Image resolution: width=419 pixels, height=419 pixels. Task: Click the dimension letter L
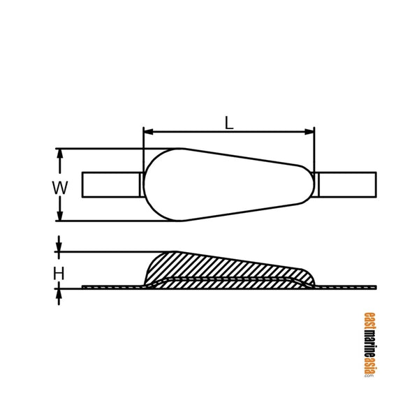[x=229, y=122]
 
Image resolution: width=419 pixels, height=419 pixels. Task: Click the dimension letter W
[x=60, y=187]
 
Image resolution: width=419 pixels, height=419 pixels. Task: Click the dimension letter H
[x=59, y=274]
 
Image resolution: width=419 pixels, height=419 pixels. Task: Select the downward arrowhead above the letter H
[x=59, y=248]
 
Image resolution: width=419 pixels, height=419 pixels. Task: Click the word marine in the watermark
[x=368, y=342]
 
